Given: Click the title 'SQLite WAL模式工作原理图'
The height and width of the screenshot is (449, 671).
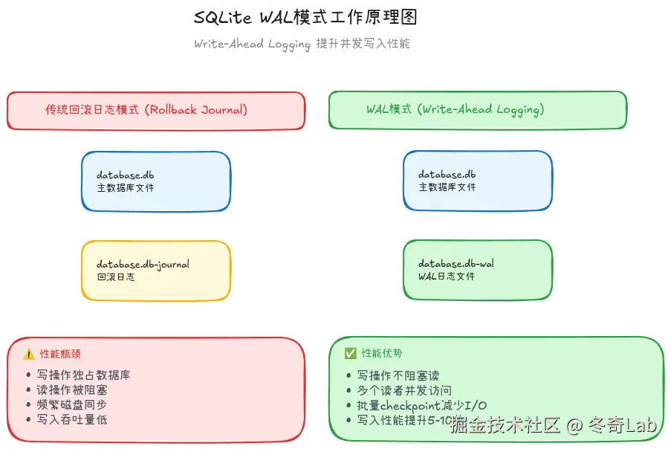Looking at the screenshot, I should point(311,17).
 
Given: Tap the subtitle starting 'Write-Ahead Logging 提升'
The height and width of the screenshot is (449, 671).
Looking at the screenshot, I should point(302,44).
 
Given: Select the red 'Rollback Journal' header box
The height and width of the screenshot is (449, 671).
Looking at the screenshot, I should point(156,110).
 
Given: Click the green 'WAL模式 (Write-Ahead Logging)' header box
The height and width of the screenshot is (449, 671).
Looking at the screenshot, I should point(478,110).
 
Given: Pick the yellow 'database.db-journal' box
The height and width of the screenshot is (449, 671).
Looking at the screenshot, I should point(156,271).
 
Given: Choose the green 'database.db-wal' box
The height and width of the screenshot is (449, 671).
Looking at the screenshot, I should point(478,270).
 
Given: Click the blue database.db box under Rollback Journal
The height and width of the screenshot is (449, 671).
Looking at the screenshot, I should point(156,181).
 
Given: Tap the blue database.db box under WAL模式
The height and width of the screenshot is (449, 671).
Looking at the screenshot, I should point(478,181).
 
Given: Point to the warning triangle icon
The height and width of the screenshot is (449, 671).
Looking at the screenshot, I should point(28,354).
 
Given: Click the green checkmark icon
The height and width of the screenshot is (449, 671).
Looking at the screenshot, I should point(351,353).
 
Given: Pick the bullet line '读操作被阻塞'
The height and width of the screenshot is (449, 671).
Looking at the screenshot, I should point(71,390).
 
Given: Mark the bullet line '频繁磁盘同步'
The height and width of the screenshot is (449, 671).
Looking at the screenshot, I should point(71,405).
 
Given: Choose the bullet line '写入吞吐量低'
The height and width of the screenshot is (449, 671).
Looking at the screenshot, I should point(71,420).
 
